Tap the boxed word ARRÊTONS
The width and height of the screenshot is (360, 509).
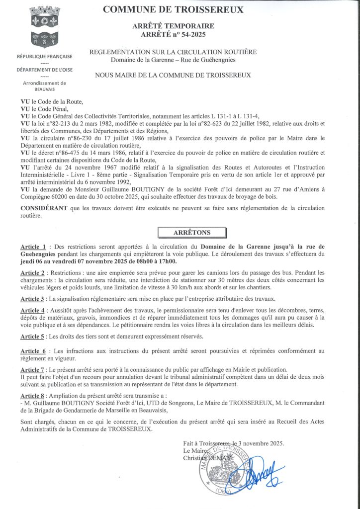pos(191,233)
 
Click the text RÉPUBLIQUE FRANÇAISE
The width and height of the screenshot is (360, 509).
pos(44,56)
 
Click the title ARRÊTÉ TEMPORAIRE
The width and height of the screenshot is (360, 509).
pos(173,26)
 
